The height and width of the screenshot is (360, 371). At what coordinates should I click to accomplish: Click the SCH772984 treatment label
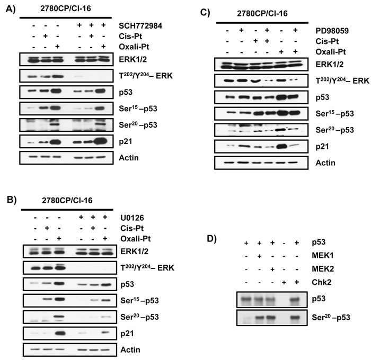pos(140,25)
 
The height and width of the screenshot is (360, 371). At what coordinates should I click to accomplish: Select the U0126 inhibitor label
pos(132,218)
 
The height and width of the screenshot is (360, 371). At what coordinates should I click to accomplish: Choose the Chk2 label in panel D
pos(322,282)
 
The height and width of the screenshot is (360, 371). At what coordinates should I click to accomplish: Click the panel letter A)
pos(11,9)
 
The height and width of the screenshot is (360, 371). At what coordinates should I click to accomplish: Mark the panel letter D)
pos(212,239)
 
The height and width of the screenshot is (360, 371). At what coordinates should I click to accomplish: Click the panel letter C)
pos(205,12)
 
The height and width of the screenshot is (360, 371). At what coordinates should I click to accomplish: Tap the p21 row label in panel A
pos(126,141)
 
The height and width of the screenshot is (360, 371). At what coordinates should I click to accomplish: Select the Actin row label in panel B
pos(130,349)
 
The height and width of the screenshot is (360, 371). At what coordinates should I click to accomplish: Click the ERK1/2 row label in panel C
pos(329,64)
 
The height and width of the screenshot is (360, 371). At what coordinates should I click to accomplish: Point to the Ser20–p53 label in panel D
pos(331,317)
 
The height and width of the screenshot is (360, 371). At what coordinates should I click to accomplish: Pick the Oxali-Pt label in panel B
pos(135,239)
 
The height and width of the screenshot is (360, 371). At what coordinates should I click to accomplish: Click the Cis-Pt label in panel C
pos(327,41)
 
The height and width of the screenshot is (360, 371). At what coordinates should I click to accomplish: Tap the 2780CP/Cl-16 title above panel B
pos(67,201)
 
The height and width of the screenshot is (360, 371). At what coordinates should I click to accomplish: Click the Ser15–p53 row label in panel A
pos(138,108)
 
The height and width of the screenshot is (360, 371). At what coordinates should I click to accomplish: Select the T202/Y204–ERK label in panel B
pos(147,267)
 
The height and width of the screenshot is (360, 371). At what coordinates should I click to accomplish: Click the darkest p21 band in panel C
pos(281,147)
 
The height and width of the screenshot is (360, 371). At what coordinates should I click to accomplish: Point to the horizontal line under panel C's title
pos(262,23)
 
